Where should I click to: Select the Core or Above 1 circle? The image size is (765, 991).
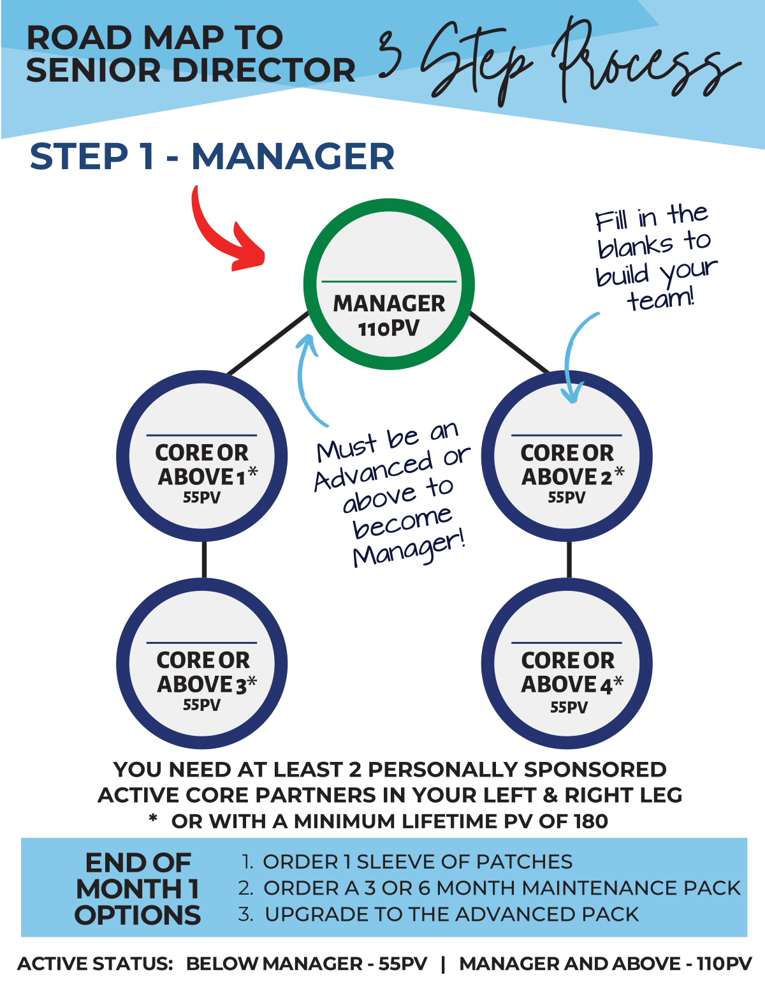[201, 457]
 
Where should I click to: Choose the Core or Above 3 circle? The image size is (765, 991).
[201, 664]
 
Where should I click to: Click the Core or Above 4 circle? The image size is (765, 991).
[567, 664]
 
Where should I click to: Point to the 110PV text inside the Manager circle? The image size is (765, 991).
[389, 329]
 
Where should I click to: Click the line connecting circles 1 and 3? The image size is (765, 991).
[204, 560]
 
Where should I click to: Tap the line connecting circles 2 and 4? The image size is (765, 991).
[569, 560]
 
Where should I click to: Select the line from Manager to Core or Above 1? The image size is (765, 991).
[268, 343]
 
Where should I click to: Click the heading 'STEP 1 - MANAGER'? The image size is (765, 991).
[212, 157]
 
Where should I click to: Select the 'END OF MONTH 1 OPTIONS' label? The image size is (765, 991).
[138, 889]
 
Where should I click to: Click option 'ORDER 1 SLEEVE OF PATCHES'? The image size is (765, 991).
[417, 862]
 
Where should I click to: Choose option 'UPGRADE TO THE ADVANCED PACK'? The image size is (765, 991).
[451, 914]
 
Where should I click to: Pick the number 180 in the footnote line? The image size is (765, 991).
[590, 821]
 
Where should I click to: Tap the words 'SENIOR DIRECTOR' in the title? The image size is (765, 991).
[191, 70]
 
